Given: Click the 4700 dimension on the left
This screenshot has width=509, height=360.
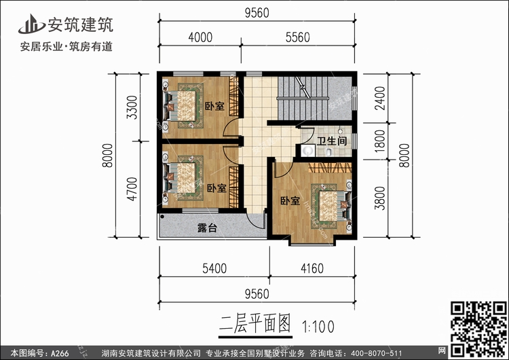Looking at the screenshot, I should click(133, 187).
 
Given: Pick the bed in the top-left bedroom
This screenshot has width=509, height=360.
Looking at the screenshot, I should click(181, 105).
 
